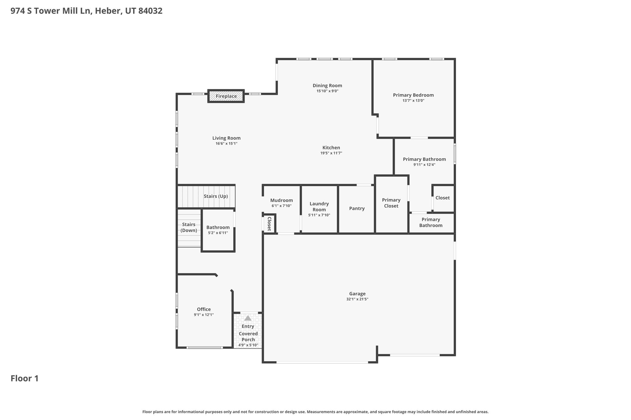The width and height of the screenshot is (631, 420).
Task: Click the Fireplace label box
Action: point(226,96)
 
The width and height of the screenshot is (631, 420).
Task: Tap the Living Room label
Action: point(226,138)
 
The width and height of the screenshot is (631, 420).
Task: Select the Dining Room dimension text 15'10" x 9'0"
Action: point(327,91)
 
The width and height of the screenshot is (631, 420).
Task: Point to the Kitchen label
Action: point(331,148)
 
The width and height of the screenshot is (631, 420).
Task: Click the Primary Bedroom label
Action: point(413,95)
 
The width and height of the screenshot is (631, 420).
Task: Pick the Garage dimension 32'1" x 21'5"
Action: point(357,299)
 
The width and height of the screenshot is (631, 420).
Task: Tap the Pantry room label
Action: point(357,209)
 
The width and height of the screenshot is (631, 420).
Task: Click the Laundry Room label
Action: point(319,207)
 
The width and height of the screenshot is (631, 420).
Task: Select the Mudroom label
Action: point(282,201)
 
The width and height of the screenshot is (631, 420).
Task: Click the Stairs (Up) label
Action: point(216,196)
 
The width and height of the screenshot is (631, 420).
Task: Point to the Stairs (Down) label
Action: point(189,227)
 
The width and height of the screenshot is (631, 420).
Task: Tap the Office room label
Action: point(204,310)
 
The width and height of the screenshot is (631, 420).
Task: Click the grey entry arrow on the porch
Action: point(248,318)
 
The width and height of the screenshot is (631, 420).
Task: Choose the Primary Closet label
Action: point(391,203)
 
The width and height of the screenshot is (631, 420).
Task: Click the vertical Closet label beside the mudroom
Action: point(269,224)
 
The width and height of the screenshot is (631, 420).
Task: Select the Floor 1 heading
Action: point(25,378)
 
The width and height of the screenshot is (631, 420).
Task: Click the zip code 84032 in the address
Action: point(150,11)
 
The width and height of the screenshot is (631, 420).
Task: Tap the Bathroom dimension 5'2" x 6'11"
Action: point(218,233)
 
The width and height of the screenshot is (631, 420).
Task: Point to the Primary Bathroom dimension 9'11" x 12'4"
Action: point(425,165)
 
